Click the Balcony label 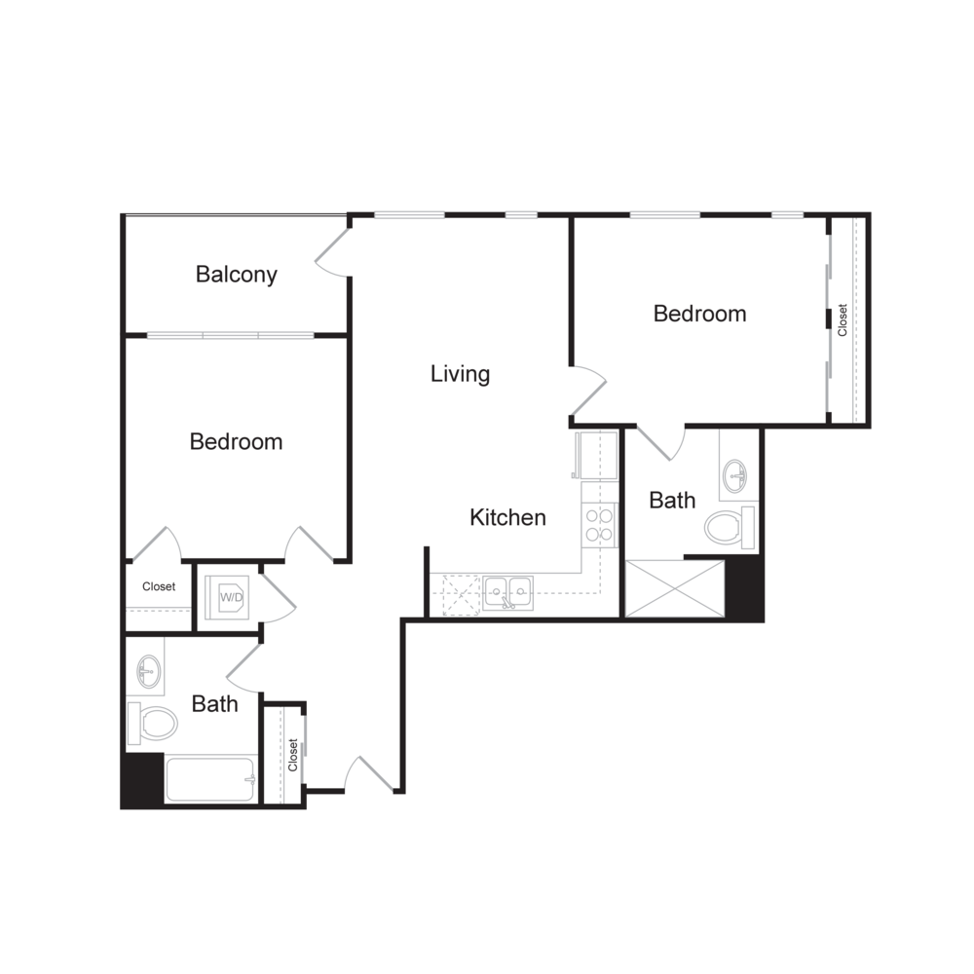click(237, 275)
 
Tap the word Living click(460, 374)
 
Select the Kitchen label click(507, 517)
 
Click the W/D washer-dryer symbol click(231, 597)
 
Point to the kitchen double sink click(507, 591)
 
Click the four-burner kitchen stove click(599, 525)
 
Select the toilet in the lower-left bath click(153, 722)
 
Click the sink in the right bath click(737, 478)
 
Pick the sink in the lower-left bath click(148, 670)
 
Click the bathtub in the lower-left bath click(210, 780)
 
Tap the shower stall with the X click(674, 588)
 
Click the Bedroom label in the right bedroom click(699, 314)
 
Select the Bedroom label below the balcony click(236, 441)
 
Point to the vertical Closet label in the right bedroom click(843, 320)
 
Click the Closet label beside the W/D click(159, 587)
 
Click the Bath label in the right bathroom click(672, 501)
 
